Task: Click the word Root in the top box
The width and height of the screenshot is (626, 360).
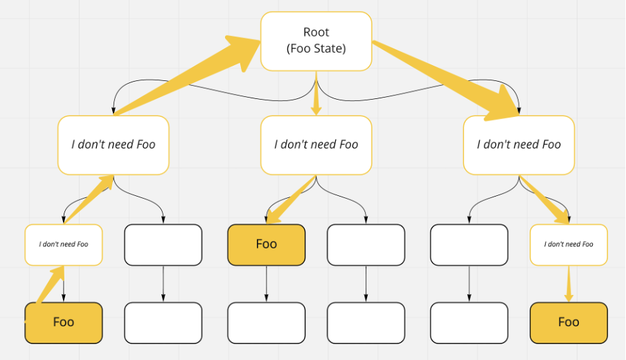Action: tap(316, 32)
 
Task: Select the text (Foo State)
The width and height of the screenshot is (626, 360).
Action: tap(316, 49)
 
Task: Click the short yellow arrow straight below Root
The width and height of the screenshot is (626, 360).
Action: tap(316, 97)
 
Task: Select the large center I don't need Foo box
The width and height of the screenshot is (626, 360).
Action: tap(316, 145)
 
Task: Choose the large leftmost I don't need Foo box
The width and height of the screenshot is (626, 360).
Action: tap(113, 145)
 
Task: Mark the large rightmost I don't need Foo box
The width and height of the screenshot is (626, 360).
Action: tap(519, 145)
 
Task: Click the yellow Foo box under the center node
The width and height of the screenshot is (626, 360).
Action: tap(266, 244)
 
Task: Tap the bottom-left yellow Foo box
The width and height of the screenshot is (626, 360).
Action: tap(63, 323)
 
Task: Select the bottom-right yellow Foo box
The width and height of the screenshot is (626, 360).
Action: tap(569, 323)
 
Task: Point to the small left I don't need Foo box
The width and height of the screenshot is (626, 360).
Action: tap(63, 244)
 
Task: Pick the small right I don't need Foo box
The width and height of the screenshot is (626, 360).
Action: tap(569, 244)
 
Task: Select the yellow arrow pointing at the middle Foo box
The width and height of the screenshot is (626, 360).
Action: tap(291, 201)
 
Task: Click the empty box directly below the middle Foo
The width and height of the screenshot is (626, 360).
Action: tap(266, 323)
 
